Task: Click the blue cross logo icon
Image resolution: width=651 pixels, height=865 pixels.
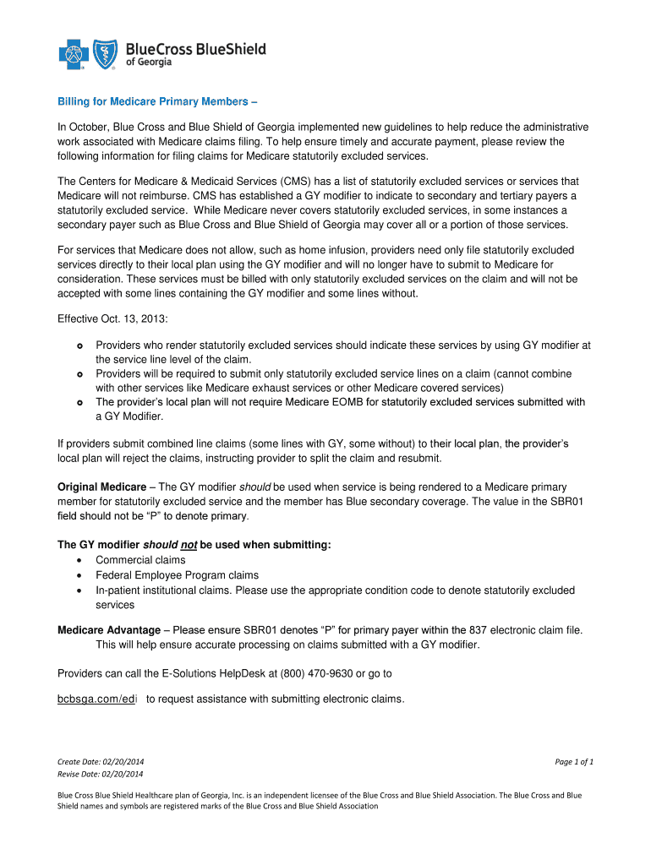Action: click(x=74, y=56)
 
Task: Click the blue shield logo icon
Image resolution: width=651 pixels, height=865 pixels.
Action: click(x=106, y=55)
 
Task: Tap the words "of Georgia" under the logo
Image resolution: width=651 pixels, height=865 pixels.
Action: click(x=148, y=63)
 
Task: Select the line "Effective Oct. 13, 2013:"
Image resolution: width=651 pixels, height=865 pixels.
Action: click(x=114, y=318)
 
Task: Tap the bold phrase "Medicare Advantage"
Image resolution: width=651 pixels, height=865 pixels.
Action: click(x=108, y=630)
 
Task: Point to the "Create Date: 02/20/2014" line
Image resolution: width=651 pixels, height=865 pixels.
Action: click(x=101, y=762)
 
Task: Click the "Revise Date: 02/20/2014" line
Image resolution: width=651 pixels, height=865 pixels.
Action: click(x=101, y=774)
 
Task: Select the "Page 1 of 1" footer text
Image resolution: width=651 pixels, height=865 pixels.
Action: click(x=574, y=762)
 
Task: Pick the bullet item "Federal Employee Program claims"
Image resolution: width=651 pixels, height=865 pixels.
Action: click(x=177, y=575)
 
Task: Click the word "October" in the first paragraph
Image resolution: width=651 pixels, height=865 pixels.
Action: click(x=88, y=127)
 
